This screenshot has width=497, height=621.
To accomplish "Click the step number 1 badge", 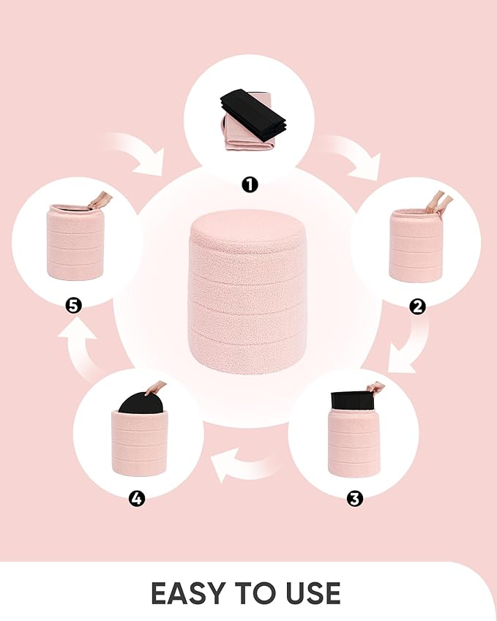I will point(250,184).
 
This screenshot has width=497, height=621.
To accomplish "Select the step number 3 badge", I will point(354,499).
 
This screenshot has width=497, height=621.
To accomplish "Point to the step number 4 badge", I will point(137,499).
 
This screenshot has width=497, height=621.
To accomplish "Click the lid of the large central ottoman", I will point(247,229).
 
